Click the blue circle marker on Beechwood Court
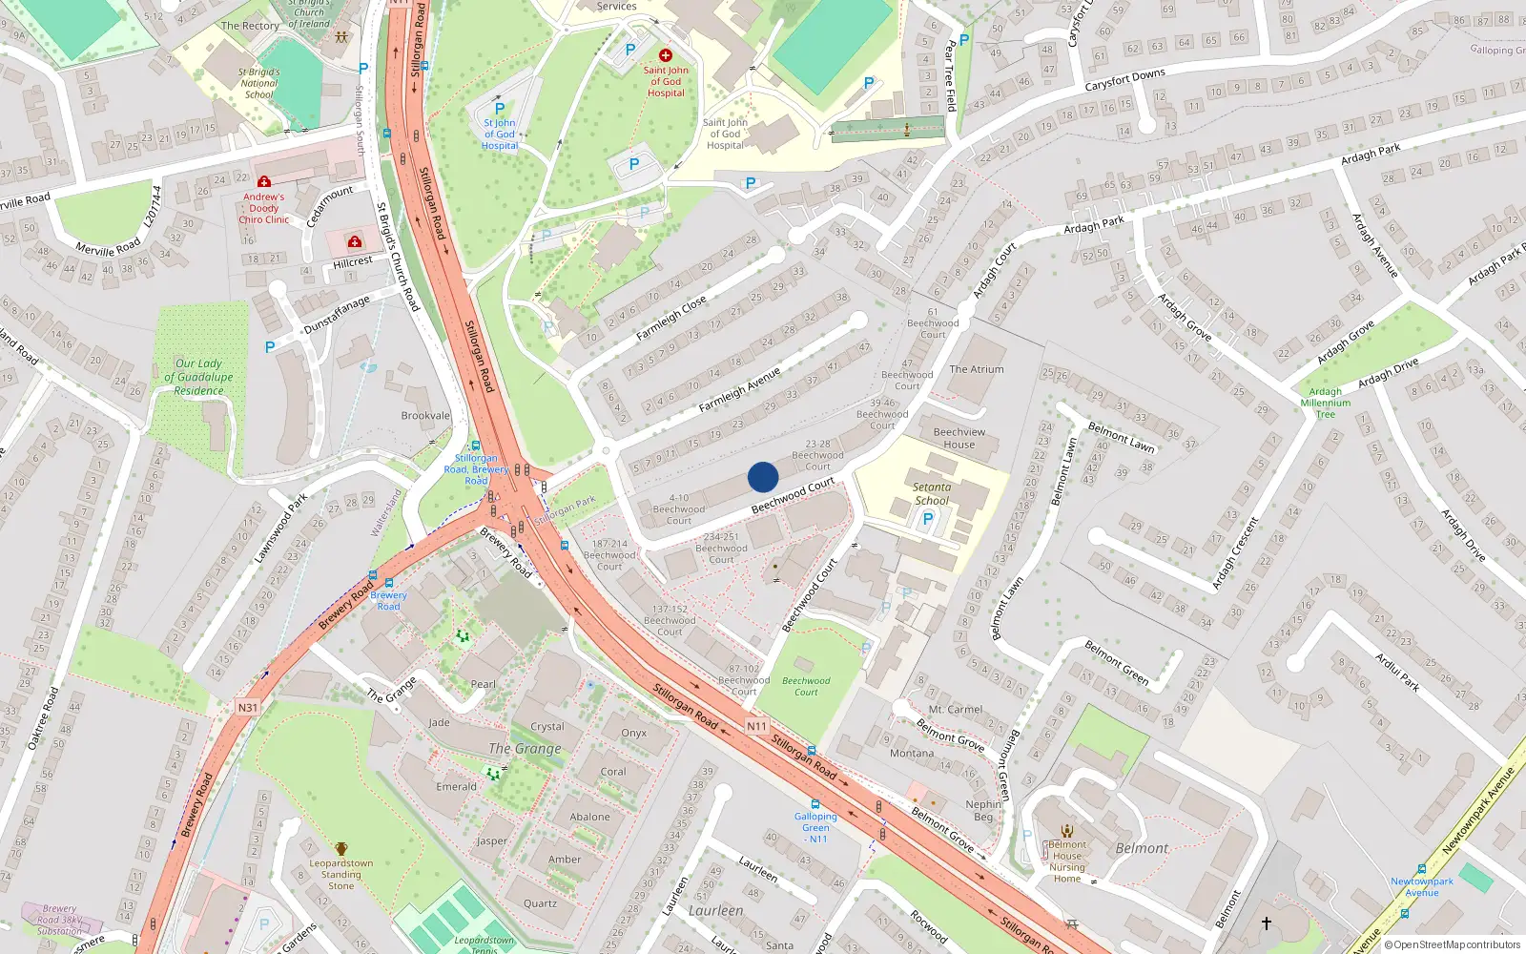point(763,476)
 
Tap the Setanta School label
point(932,493)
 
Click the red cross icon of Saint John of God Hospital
point(666,55)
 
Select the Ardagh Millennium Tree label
point(1325,403)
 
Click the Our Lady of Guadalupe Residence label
point(198,377)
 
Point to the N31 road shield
point(248,707)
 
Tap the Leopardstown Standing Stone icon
point(340,848)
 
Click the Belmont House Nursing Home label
point(1066,861)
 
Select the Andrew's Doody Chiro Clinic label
point(264,208)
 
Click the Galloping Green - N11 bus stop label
point(815,827)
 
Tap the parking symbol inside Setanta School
point(927,520)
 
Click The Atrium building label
point(976,369)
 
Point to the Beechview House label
point(959,438)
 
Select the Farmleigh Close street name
point(670,318)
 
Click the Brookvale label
point(425,416)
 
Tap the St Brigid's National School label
point(258,83)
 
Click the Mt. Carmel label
point(955,710)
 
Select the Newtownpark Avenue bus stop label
point(1421,887)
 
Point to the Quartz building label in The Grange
point(540,903)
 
